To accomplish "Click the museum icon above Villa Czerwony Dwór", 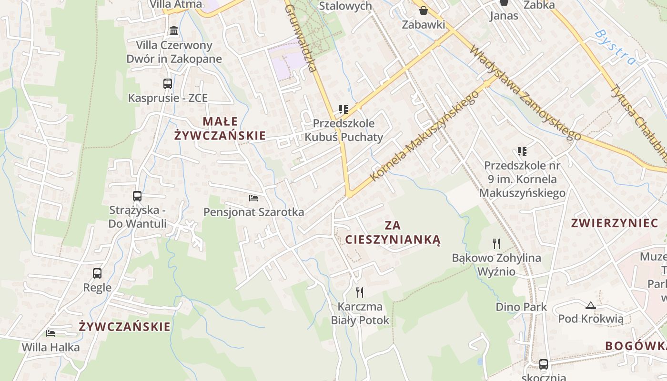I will (174, 31).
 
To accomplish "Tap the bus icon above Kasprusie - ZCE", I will (168, 84).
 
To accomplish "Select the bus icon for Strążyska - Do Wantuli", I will (137, 196).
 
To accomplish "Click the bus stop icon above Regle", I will (97, 273).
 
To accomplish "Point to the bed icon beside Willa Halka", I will (51, 333).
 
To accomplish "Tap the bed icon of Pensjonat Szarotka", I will (253, 198).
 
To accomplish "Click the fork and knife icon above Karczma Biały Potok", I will (360, 292).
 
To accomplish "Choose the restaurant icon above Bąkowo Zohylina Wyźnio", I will (496, 244).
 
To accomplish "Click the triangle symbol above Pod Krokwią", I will (590, 305).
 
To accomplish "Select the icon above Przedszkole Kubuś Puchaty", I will (344, 110).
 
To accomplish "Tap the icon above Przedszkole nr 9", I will (522, 151).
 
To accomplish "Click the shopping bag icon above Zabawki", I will (423, 10).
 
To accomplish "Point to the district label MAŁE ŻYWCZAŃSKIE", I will (220, 129).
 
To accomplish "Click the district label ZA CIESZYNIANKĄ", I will (393, 232).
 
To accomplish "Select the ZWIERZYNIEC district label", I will (611, 223).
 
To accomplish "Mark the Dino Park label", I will (521, 307).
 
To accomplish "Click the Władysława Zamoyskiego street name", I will (525, 93).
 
